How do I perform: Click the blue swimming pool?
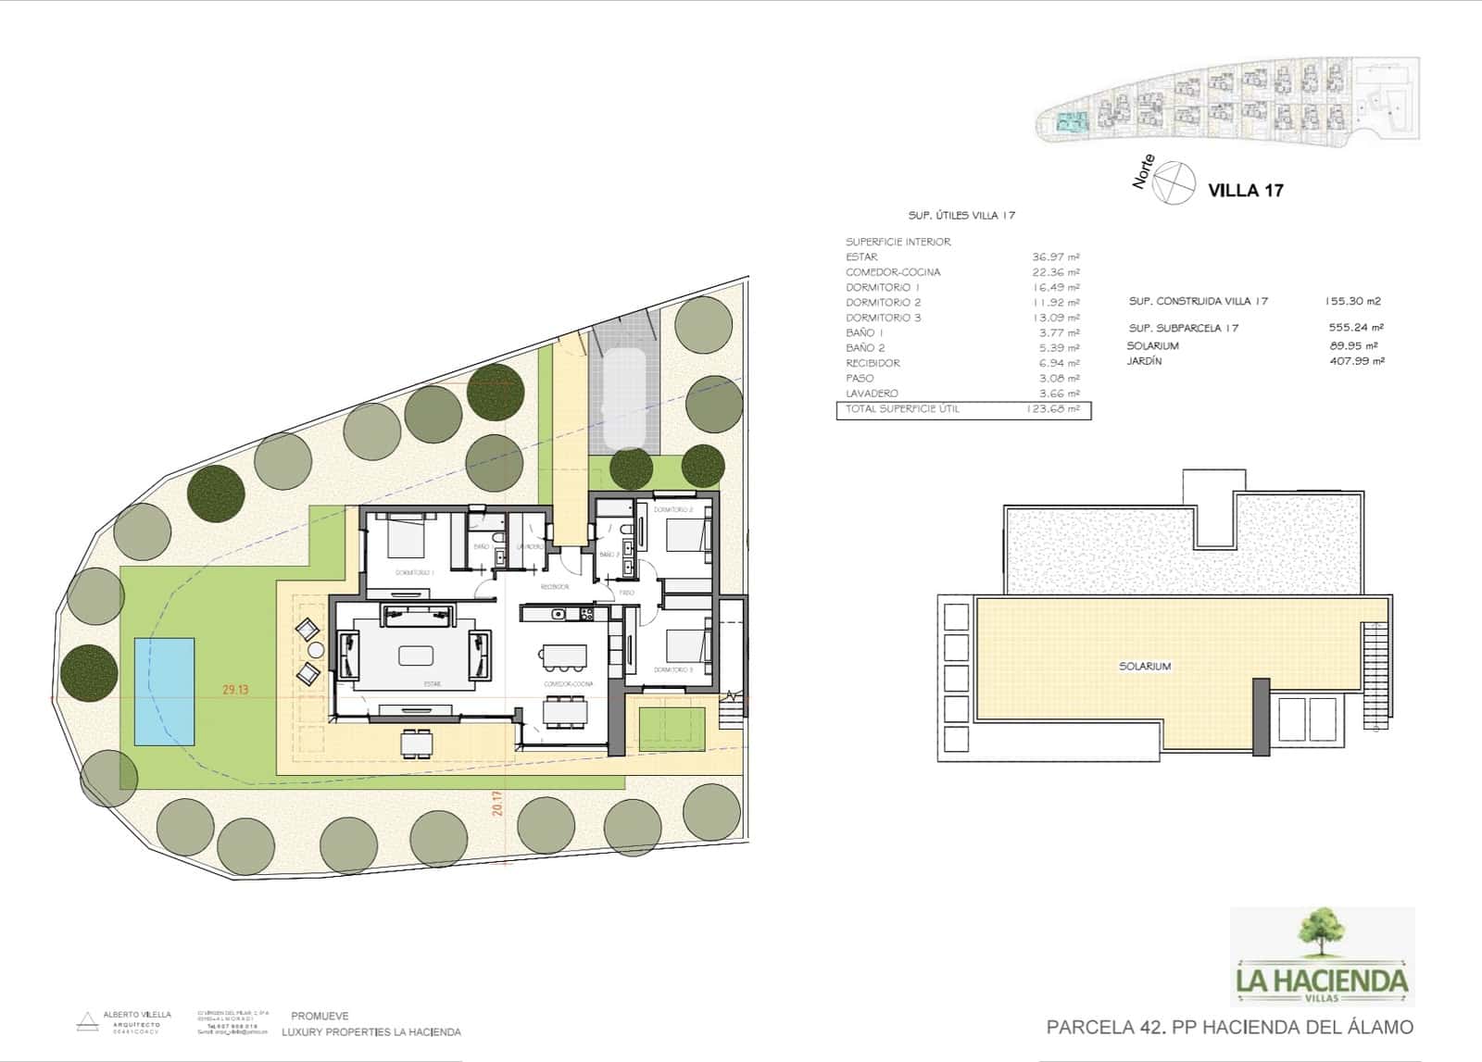[164, 691]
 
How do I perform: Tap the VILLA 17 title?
[1246, 191]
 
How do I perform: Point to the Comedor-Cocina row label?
[892, 272]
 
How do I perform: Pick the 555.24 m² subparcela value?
[1355, 328]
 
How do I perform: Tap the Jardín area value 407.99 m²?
[1355, 362]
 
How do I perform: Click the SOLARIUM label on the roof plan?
[1145, 667]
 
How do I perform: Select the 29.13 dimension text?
[235, 689]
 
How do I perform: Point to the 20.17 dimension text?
[497, 802]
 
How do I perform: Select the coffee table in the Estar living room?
[416, 655]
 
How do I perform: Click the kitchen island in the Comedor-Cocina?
[563, 656]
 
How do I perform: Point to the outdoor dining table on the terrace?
[416, 743]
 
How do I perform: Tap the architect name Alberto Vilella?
[136, 1015]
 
